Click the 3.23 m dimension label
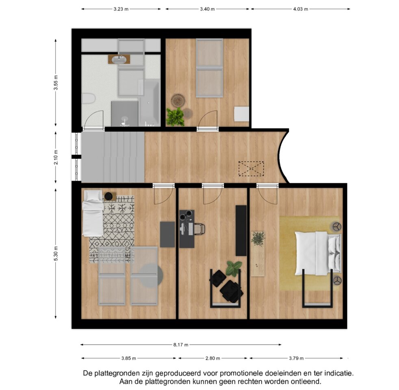click(x=121, y=9)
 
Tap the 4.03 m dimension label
click(x=301, y=9)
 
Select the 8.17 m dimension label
click(x=181, y=345)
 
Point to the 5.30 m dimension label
click(x=56, y=253)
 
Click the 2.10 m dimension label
click(x=56, y=157)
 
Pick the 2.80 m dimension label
click(x=213, y=358)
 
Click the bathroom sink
click(x=119, y=60)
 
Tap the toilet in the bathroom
click(x=88, y=98)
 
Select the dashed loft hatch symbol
click(x=251, y=169)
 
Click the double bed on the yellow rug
click(x=318, y=253)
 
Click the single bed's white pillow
click(x=93, y=195)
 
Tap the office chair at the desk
click(x=200, y=228)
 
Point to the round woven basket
click(x=178, y=101)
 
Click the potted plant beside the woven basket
click(x=175, y=117)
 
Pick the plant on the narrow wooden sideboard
click(x=258, y=238)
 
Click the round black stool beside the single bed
click(x=108, y=196)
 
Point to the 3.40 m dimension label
click(x=207, y=9)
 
